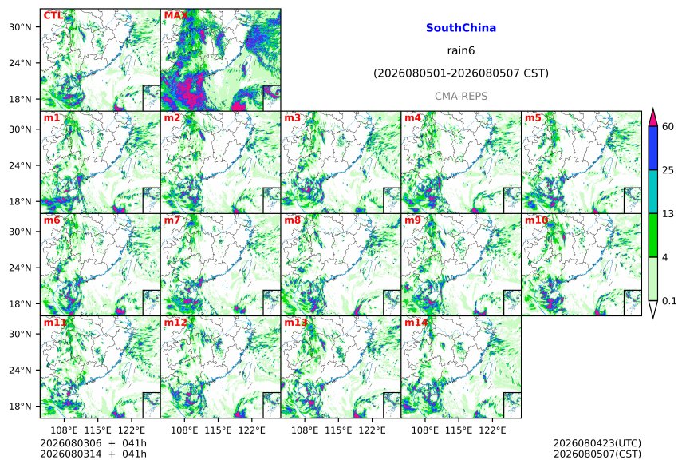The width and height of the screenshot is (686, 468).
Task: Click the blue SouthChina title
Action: click(461, 28)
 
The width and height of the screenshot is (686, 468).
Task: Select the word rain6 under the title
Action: click(461, 50)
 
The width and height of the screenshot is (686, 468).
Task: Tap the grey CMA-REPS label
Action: click(461, 96)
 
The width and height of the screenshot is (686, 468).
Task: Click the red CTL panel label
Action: click(53, 15)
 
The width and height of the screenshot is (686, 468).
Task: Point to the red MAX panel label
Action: click(175, 15)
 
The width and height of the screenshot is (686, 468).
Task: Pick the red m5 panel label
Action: click(533, 118)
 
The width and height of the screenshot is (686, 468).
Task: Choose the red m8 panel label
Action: click(292, 220)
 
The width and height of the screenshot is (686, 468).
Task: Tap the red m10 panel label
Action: click(536, 220)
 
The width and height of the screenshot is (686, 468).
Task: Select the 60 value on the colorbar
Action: click(668, 127)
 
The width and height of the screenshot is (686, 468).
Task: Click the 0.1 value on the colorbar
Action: click(669, 300)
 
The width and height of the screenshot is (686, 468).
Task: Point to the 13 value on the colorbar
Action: click(668, 214)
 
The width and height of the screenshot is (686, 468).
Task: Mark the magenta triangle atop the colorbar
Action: click(653, 117)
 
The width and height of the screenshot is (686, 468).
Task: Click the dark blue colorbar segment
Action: click(653, 148)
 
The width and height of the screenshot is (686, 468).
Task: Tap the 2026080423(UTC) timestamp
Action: click(597, 443)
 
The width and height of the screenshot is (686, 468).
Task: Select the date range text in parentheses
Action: click(461, 73)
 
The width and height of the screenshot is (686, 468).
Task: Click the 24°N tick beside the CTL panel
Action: click(20, 63)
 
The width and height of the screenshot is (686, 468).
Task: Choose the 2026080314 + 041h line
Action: click(93, 454)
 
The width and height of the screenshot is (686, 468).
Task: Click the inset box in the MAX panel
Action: click(271, 97)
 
